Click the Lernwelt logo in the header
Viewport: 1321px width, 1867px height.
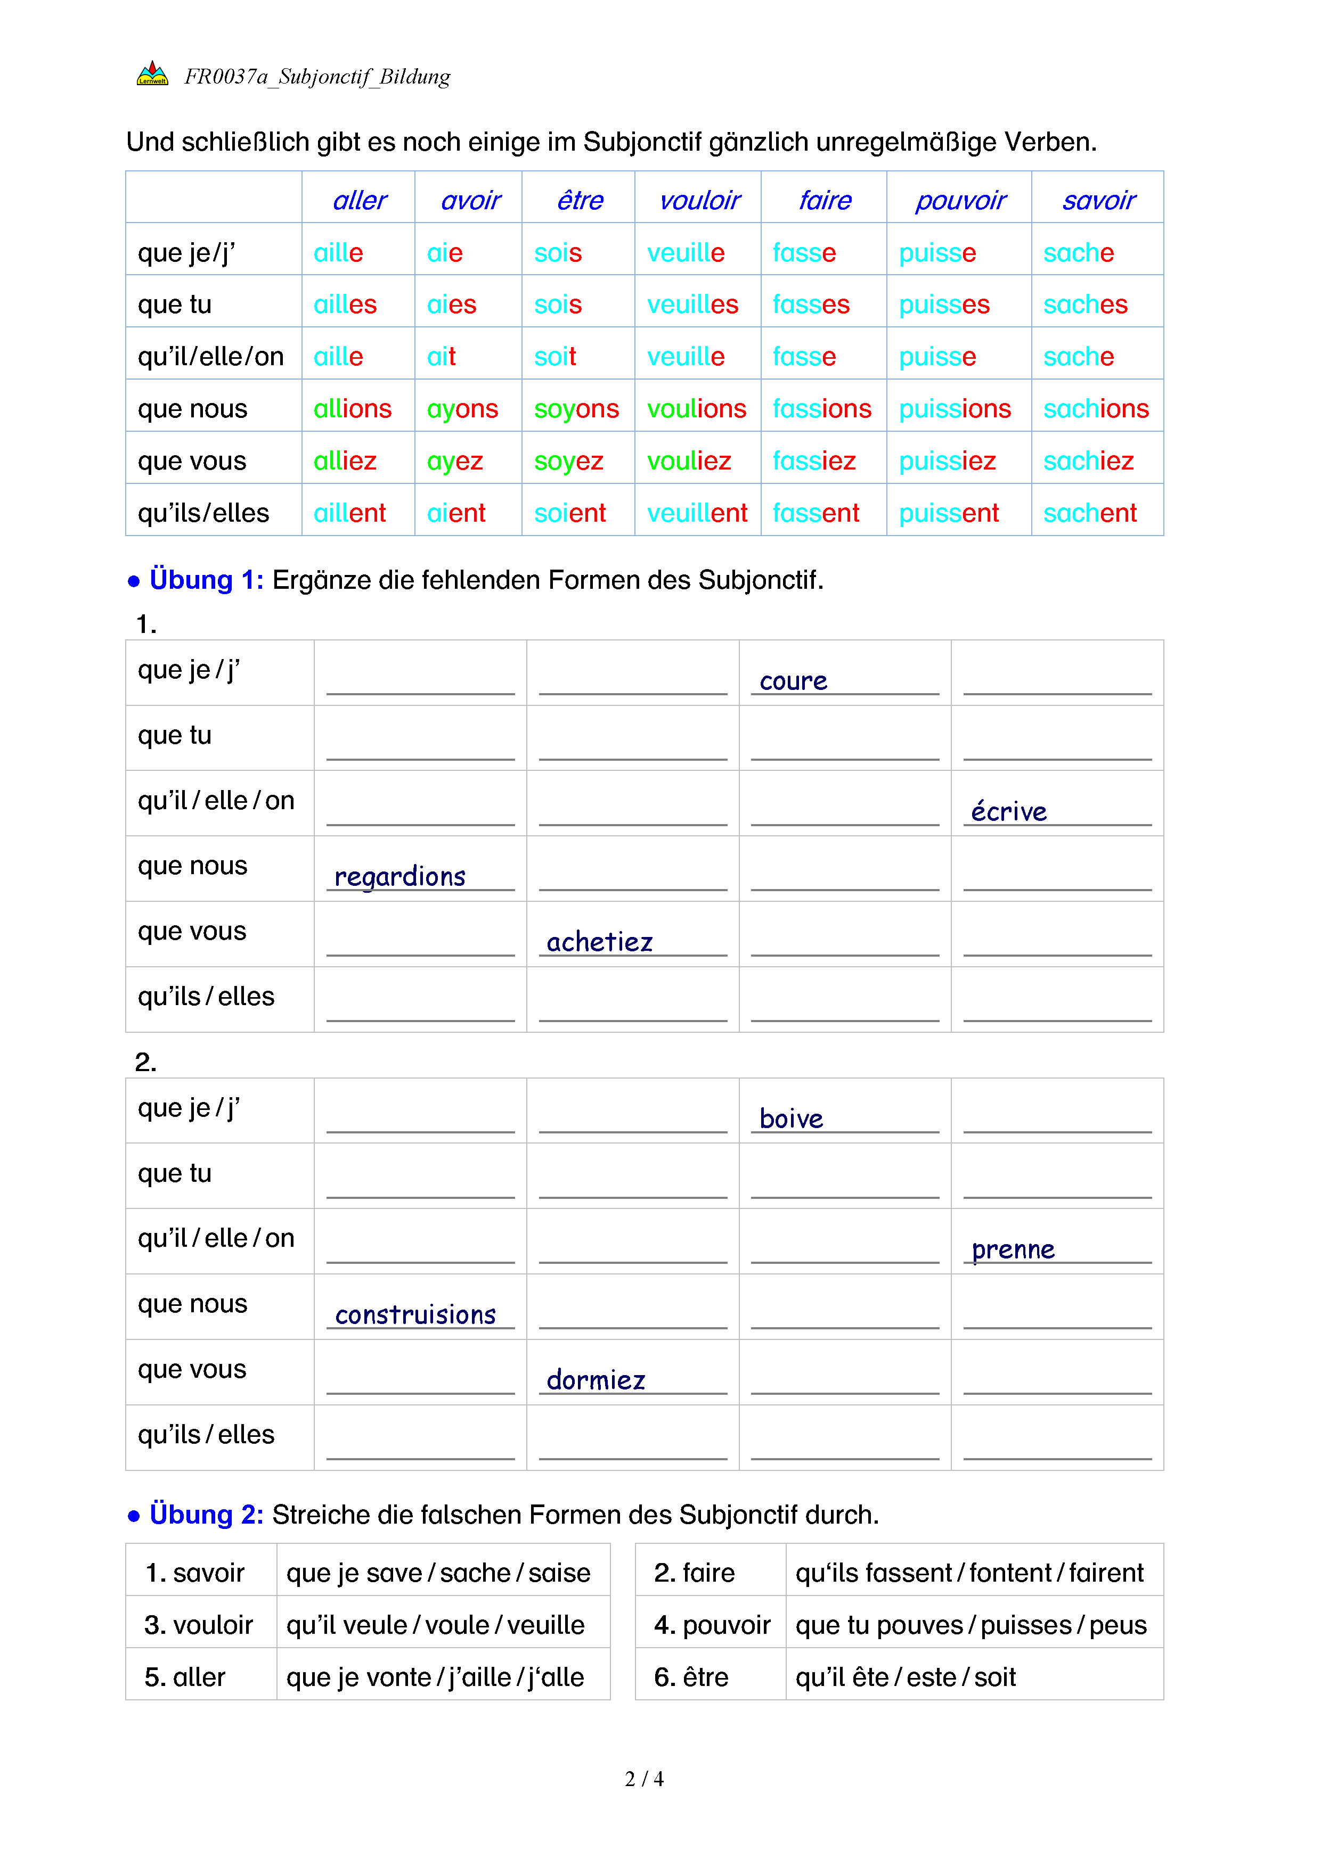(152, 74)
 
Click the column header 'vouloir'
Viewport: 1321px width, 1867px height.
(699, 200)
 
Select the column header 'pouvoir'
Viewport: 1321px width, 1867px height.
(960, 200)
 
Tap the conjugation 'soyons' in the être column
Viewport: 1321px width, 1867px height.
(576, 409)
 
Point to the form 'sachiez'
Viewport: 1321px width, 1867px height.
(1088, 461)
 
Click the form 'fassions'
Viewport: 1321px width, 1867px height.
(821, 409)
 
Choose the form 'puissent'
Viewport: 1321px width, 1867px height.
(949, 513)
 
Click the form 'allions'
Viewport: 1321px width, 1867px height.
(352, 409)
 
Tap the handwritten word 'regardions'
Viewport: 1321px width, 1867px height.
(399, 877)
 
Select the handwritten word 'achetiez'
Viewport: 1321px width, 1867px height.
(599, 942)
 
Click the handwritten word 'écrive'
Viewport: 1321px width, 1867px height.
(1009, 811)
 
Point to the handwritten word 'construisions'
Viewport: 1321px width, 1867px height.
(415, 1315)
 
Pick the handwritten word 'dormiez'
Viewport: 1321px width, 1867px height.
(596, 1380)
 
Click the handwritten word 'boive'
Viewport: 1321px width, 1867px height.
(790, 1119)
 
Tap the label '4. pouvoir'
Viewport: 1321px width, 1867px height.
(712, 1625)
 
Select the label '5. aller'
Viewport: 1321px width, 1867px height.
(185, 1677)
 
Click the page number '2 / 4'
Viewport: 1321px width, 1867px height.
(643, 1779)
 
